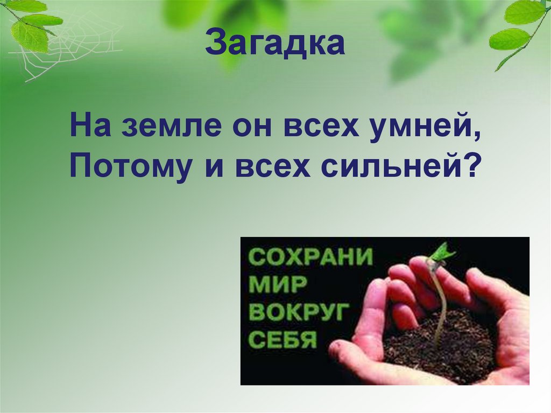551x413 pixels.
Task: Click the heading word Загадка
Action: point(274,45)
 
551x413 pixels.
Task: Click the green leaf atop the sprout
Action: point(442,251)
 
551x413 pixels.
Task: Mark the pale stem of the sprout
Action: point(441,302)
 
